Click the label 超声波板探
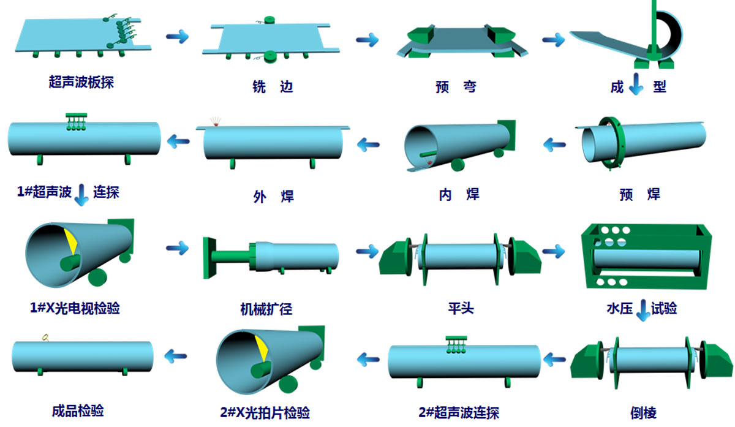point(81,81)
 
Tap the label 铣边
point(273,86)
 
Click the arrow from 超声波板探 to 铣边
point(177,37)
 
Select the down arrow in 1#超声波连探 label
point(81,195)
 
